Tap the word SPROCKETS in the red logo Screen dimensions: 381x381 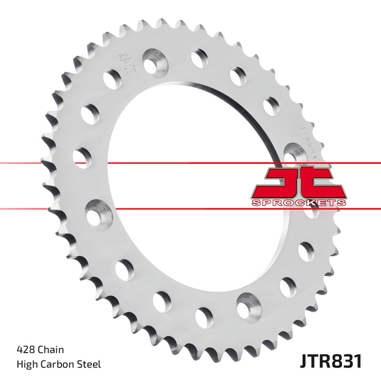(x=298, y=203)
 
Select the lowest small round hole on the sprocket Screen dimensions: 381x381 (x=203, y=316)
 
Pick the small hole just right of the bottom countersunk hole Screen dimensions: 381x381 (x=288, y=287)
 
